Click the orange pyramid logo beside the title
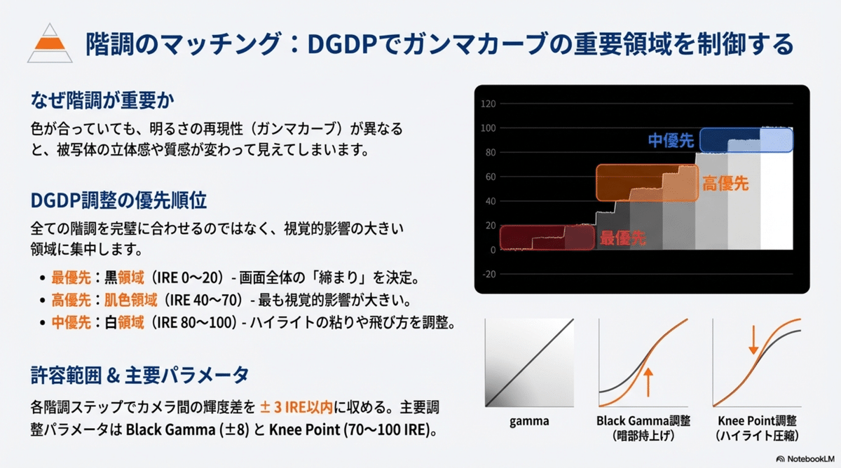(x=50, y=43)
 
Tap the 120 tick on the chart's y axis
(x=488, y=104)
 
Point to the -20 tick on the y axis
(x=489, y=275)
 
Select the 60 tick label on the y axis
(x=491, y=177)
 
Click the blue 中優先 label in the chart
(x=671, y=141)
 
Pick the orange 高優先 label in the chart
(x=725, y=184)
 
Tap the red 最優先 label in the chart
(x=622, y=238)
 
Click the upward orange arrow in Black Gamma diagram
(x=648, y=382)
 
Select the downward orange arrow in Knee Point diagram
(x=753, y=340)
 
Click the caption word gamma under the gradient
(x=529, y=421)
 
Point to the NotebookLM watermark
(x=805, y=459)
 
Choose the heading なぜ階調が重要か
(x=102, y=100)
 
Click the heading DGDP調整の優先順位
(x=118, y=200)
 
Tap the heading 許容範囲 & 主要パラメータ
(x=139, y=375)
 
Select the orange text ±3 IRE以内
(x=296, y=407)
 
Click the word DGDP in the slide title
(x=342, y=44)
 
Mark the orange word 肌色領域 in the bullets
(x=130, y=301)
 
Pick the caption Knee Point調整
(x=757, y=421)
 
